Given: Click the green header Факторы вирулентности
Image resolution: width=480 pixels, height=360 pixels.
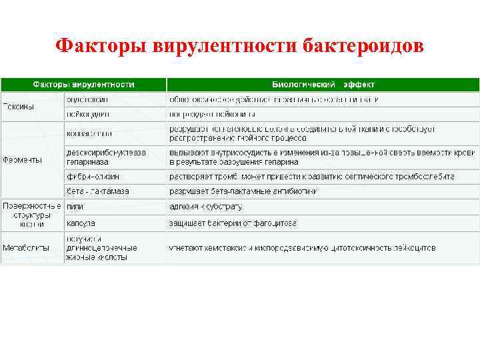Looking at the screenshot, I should (x=84, y=85).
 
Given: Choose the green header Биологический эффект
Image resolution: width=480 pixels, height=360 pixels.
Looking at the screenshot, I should (x=323, y=85).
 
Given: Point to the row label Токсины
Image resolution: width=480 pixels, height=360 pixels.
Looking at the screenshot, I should (x=19, y=106).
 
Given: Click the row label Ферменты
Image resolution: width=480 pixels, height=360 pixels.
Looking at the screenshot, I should (x=22, y=160).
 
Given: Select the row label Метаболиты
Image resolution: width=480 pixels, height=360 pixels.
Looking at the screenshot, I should (x=25, y=247).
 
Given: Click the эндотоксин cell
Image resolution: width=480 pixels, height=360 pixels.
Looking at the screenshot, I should (x=87, y=99).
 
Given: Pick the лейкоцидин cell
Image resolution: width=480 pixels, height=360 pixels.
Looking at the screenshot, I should (x=87, y=114).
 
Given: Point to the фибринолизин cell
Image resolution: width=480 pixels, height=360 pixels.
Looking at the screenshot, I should (x=93, y=177).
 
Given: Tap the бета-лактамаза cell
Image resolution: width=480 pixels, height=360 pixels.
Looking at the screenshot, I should (x=97, y=191).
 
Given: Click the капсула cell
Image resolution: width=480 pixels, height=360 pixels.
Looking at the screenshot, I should (x=80, y=223).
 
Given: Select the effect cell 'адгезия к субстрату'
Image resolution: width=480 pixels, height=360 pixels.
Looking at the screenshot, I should (x=205, y=207).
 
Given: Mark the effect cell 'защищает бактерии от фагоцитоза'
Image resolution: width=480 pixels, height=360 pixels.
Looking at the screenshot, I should (x=233, y=223).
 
